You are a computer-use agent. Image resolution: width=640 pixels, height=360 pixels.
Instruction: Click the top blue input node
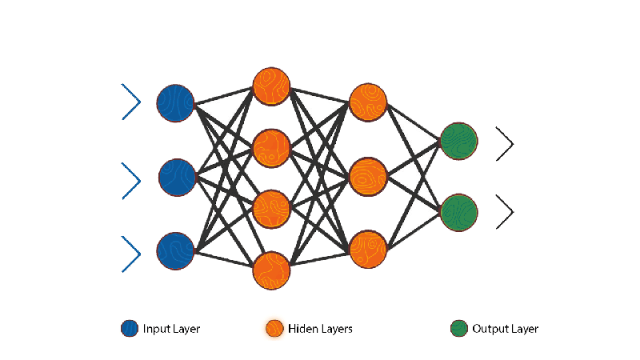click(175, 102)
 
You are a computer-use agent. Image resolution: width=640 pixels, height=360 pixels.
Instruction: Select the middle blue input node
click(177, 177)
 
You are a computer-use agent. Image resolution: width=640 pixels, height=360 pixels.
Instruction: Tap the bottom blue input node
click(175, 250)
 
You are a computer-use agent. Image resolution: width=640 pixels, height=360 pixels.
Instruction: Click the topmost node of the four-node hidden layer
click(271, 86)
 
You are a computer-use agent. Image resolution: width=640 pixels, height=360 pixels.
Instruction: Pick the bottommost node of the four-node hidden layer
click(271, 270)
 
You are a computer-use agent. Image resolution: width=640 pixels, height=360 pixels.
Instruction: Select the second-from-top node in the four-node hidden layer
click(271, 147)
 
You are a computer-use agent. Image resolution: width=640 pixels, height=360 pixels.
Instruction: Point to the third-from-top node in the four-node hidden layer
click(271, 208)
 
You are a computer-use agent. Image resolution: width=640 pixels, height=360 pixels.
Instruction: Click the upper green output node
click(459, 141)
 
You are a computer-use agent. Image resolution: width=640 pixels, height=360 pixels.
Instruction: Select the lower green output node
click(459, 212)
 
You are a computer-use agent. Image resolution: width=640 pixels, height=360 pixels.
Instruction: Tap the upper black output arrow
click(505, 143)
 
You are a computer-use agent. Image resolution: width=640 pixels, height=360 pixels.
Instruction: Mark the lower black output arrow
click(505, 212)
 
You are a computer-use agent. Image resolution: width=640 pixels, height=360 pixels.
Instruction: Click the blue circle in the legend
click(130, 329)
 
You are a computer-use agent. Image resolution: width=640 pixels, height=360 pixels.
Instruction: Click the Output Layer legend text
click(505, 329)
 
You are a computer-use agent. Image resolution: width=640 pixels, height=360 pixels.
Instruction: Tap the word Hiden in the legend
click(303, 329)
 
